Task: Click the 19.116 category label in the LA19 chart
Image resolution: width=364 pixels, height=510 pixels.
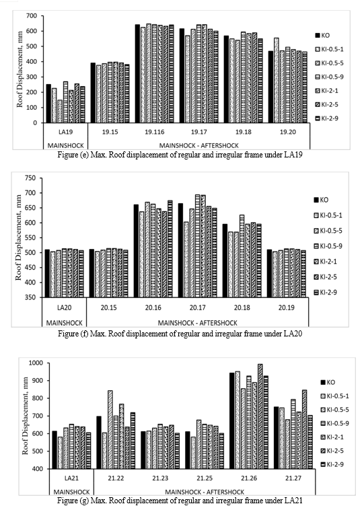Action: tap(155, 132)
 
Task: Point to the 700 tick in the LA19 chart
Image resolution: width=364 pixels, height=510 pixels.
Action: tap(34, 15)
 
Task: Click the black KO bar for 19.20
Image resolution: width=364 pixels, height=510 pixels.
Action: tap(270, 87)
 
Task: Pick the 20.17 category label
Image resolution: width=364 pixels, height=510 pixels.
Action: tap(197, 307)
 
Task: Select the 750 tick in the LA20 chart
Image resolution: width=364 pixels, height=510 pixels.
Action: tap(32, 178)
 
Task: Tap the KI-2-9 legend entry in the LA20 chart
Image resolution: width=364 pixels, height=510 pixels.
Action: tap(325, 292)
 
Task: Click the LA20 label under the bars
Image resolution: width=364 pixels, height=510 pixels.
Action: tap(64, 307)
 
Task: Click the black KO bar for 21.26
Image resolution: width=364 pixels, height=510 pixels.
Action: tap(232, 421)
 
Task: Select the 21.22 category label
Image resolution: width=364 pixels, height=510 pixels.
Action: tap(116, 478)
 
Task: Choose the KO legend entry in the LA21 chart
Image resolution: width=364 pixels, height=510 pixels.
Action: tap(328, 382)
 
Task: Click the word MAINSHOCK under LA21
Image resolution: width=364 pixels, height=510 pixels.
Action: tap(71, 492)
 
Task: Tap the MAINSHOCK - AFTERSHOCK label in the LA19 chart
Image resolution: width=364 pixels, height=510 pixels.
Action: tap(198, 145)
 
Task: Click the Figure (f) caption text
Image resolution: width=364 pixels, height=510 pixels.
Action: tap(180, 334)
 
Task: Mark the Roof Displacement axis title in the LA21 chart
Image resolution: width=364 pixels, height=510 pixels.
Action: tap(25, 416)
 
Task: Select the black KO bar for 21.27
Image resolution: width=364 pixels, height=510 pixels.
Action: tap(276, 437)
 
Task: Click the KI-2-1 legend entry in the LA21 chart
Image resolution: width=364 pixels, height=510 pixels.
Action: tap(332, 437)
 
